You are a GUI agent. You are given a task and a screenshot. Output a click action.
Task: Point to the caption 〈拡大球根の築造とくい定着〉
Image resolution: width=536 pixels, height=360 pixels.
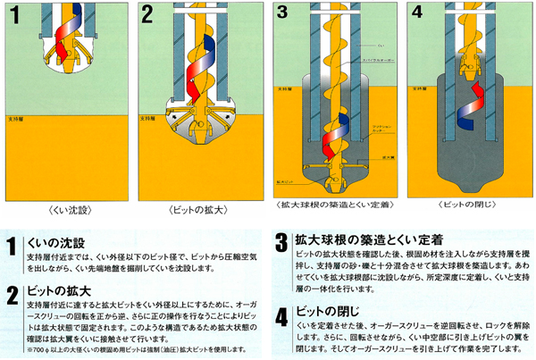click(332, 204)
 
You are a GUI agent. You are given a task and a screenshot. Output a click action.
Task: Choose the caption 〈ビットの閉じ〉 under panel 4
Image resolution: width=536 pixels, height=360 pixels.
click(465, 203)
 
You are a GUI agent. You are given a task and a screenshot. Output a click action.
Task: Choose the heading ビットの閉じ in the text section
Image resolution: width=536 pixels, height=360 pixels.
click(322, 314)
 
